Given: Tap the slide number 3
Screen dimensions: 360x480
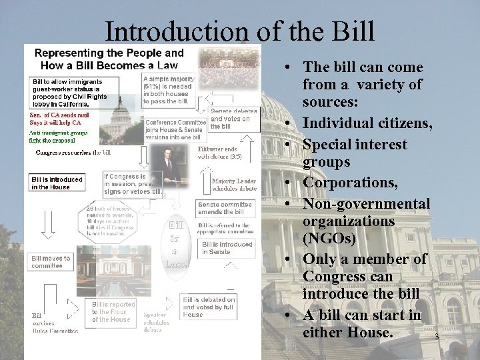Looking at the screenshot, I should [x=436, y=337].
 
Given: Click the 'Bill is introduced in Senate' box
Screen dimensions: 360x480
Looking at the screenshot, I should [x=227, y=248].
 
